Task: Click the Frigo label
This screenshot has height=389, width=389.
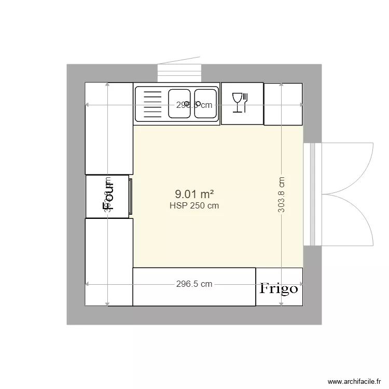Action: [x=279, y=288]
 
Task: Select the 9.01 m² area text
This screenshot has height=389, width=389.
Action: [x=195, y=194]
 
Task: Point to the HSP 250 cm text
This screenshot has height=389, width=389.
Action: [x=194, y=205]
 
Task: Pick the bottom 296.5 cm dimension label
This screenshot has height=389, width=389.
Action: [x=194, y=284]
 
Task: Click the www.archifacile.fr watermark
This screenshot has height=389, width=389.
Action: [x=357, y=381]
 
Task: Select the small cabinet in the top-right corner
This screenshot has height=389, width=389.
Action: [x=283, y=104]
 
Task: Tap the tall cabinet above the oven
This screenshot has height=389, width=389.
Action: [x=109, y=129]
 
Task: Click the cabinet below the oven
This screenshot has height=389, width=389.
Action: [x=109, y=262]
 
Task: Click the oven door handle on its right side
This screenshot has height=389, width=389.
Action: [x=131, y=196]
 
